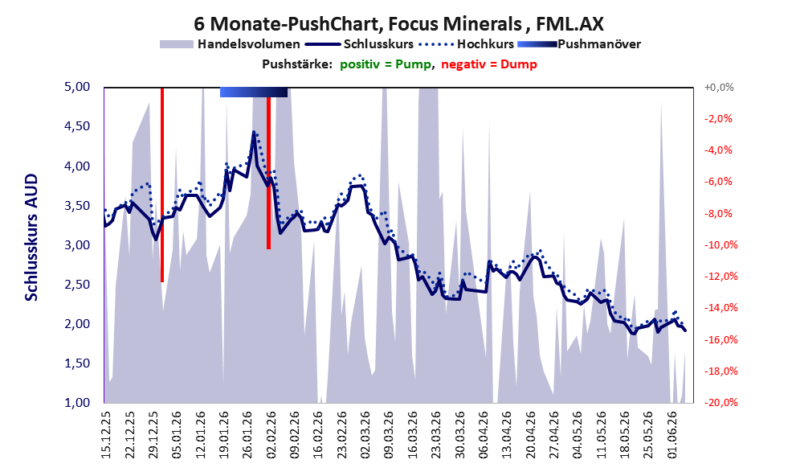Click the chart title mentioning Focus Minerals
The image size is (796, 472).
tap(398, 23)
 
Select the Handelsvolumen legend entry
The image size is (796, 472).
tap(230, 44)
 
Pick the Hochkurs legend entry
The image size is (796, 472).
tap(466, 44)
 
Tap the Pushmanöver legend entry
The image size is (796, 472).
tap(578, 44)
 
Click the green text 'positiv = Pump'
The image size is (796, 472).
tap(386, 64)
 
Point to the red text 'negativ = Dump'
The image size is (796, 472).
tap(489, 64)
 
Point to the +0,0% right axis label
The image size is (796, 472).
tap(719, 88)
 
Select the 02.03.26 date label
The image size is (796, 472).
tap(365, 434)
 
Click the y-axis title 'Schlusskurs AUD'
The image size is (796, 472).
tap(31, 237)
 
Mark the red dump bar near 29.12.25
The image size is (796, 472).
tap(162, 185)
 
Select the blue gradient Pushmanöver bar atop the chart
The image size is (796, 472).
tap(254, 92)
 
